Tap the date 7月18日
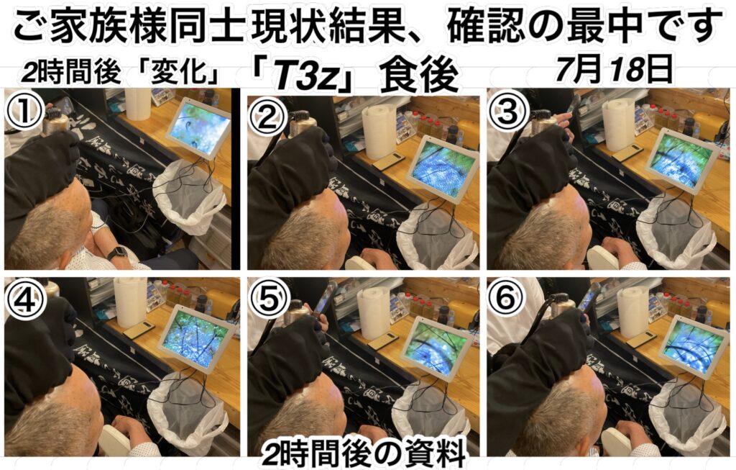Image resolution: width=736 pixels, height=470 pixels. [x=614, y=70]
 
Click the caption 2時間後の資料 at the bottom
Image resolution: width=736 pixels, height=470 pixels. [x=364, y=453]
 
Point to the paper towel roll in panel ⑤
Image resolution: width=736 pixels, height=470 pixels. [x=374, y=312]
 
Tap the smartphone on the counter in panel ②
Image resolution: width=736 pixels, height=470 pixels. [x=390, y=162]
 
